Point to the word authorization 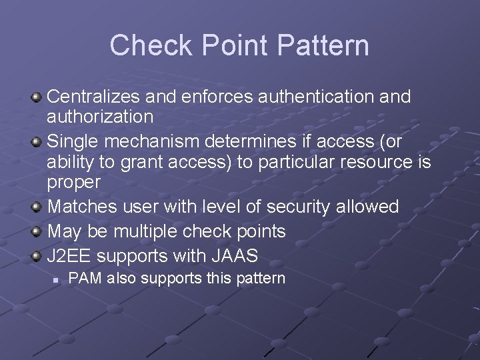pyautogui.click(x=100, y=117)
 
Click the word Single pyautogui.click(x=72, y=141)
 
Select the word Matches pyautogui.click(x=83, y=207)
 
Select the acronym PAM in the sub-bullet pyautogui.click(x=83, y=278)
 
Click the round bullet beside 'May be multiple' pyautogui.click(x=37, y=232)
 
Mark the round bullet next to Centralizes pyautogui.click(x=37, y=97)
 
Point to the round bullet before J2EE pyautogui.click(x=37, y=256)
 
